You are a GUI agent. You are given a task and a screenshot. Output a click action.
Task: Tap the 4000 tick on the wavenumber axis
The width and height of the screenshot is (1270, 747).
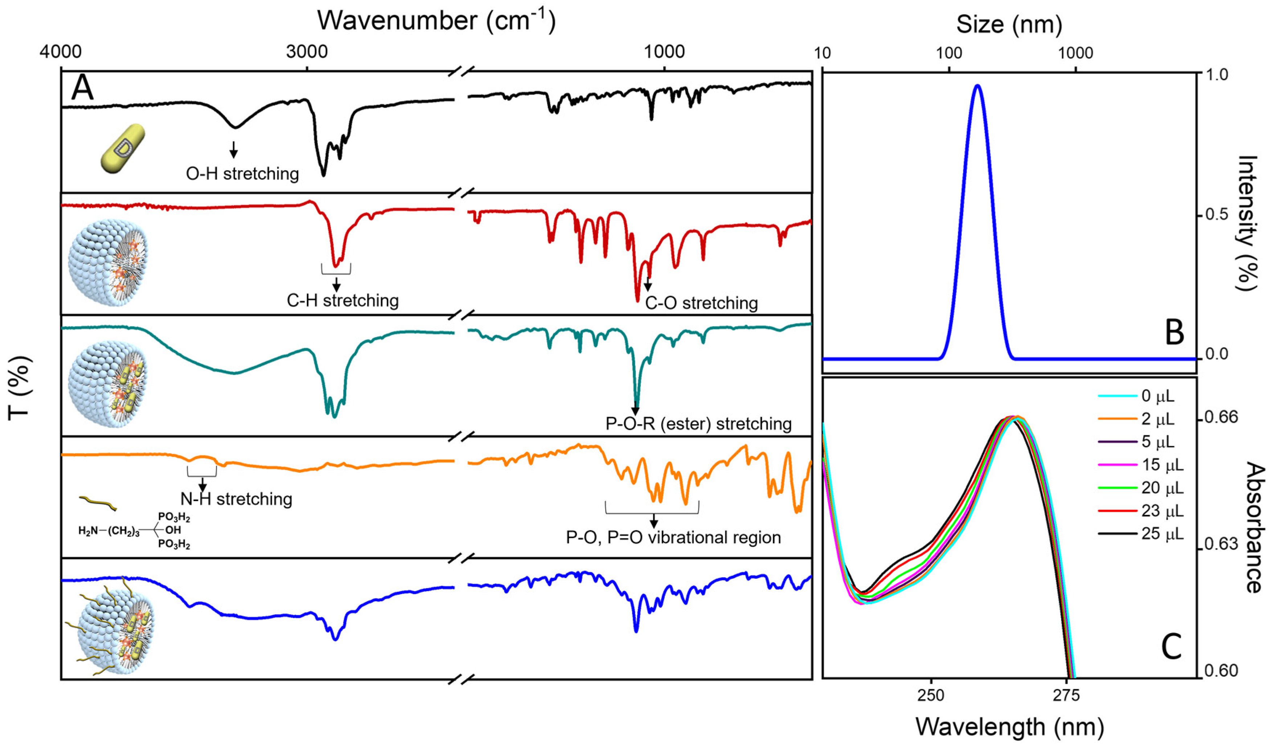(x=61, y=52)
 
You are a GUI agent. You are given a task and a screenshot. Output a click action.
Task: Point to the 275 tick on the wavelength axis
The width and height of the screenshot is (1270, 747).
(x=1066, y=695)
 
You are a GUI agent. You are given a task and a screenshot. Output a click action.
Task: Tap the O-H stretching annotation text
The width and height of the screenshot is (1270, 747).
(x=242, y=174)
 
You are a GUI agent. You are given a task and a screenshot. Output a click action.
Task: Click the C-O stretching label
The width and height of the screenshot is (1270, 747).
(x=701, y=303)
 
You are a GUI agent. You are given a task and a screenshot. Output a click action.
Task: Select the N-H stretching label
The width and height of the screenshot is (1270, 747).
(x=236, y=499)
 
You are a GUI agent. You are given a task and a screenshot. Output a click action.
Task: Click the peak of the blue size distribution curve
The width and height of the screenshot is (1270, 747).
(x=978, y=86)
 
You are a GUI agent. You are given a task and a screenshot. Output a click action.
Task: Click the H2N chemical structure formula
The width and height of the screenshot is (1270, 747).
(x=134, y=531)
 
